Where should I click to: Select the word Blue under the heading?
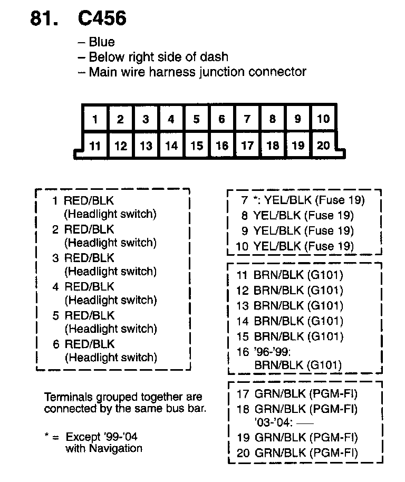pyautogui.click(x=102, y=42)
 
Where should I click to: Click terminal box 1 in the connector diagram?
pyautogui.click(x=95, y=119)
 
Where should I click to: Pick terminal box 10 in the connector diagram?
pyautogui.click(x=323, y=119)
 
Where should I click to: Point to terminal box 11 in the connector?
pyautogui.click(x=95, y=145)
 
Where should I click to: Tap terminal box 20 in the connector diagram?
pyautogui.click(x=323, y=145)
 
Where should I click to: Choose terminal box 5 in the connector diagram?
pyautogui.click(x=196, y=119)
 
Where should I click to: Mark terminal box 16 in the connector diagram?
pyautogui.click(x=221, y=145)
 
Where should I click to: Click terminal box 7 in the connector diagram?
pyautogui.click(x=247, y=119)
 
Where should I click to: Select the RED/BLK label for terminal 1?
pyautogui.click(x=89, y=201)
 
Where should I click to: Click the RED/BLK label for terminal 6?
pyautogui.click(x=89, y=344)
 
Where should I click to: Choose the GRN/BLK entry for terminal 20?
pyautogui.click(x=306, y=453)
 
